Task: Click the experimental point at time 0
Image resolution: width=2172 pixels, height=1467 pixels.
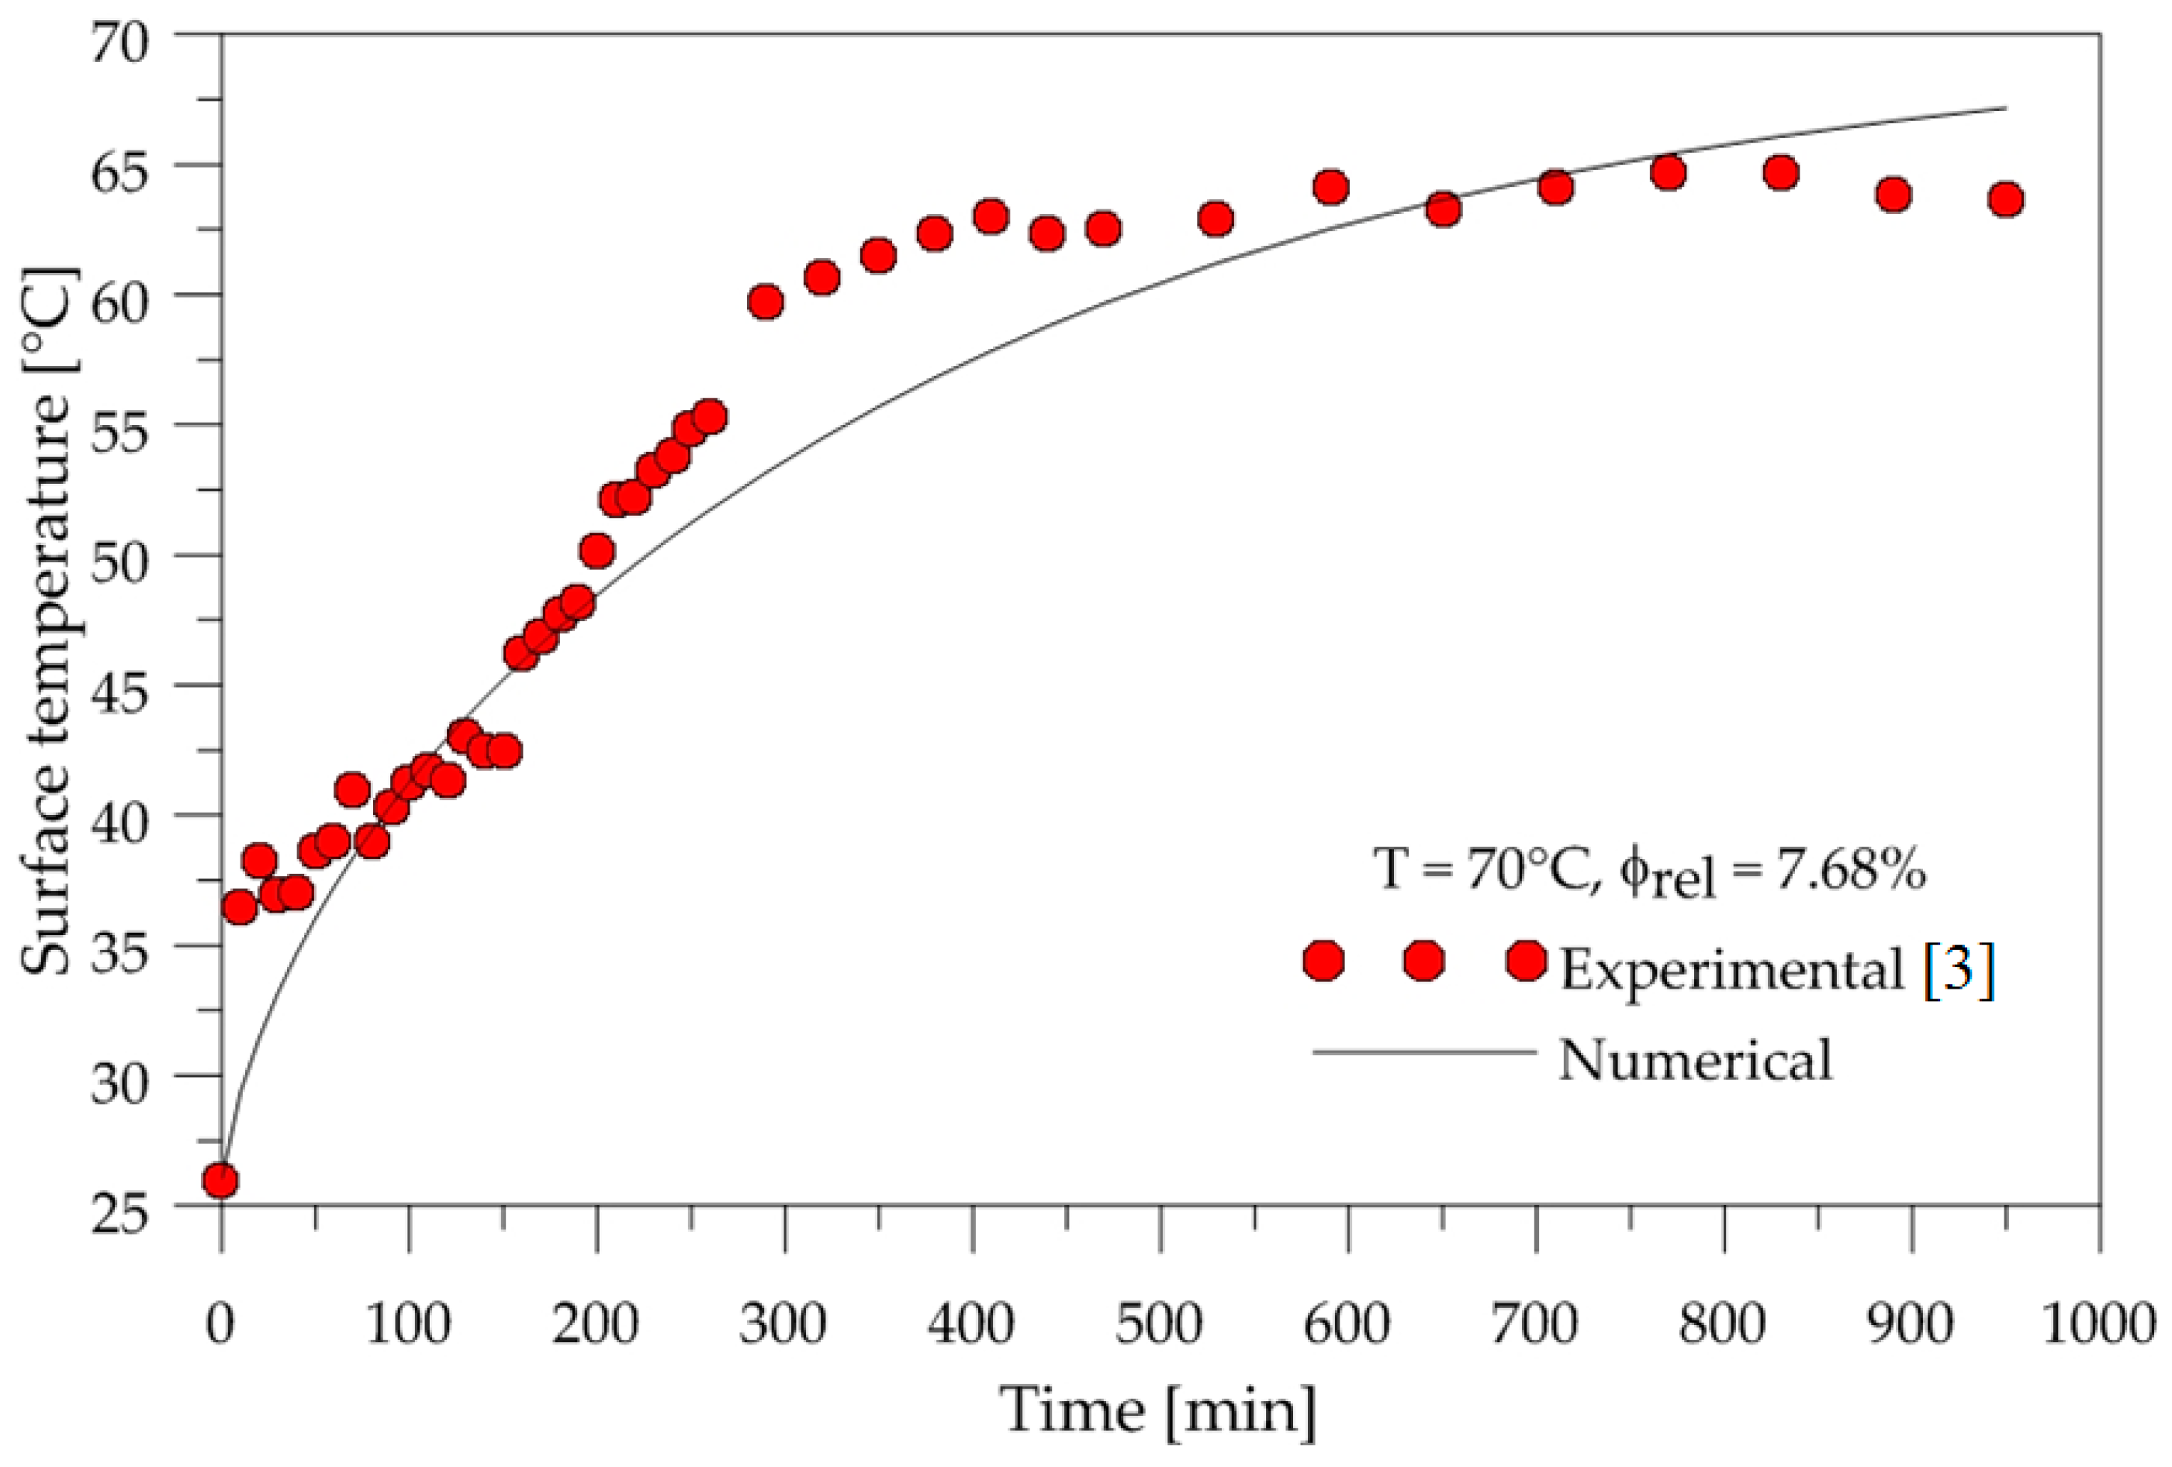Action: tap(220, 1181)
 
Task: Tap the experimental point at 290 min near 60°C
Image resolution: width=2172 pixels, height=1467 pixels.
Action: tap(766, 302)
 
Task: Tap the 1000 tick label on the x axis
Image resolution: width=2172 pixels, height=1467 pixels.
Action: tap(2099, 1325)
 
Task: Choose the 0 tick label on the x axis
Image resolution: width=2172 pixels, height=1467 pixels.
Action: tap(220, 1325)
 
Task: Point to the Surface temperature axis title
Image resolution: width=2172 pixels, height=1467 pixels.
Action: tap(47, 621)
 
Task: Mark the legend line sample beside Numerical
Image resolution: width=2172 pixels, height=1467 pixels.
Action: tap(1424, 1052)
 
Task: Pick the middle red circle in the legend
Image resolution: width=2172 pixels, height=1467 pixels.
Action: tap(1423, 960)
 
